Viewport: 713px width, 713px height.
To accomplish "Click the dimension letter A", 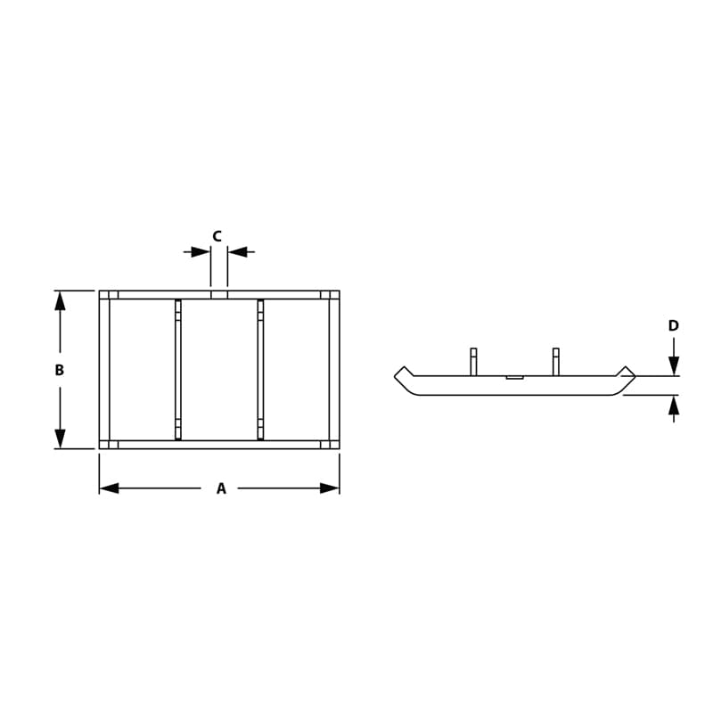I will (221, 488).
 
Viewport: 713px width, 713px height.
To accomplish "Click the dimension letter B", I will (60, 370).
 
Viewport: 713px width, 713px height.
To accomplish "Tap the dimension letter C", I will (217, 236).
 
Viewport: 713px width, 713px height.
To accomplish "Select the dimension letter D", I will (674, 326).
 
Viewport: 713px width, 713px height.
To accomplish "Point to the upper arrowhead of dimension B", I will (60, 300).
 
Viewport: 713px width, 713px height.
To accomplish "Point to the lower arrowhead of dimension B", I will (60, 438).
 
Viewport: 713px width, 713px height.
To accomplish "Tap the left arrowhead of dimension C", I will (201, 251).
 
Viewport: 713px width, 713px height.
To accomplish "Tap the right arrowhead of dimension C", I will (238, 251).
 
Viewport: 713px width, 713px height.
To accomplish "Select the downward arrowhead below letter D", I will (674, 365).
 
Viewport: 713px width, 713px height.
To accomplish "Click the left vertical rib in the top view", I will (178, 370).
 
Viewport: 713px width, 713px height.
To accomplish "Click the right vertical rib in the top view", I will (260, 370).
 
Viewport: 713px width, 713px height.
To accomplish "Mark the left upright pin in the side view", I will (473, 361).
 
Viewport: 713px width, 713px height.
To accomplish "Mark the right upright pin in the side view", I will (555, 361).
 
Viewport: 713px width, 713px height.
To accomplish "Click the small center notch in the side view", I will (514, 377).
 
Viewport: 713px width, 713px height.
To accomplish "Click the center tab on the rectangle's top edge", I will (219, 294).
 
